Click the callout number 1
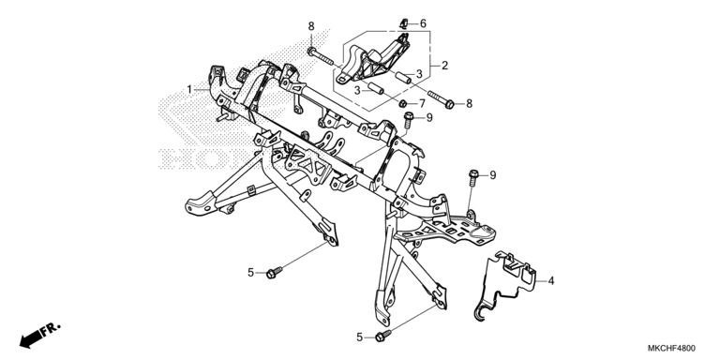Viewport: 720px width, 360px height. (x=189, y=89)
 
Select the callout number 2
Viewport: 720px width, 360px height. (x=444, y=66)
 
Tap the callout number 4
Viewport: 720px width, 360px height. (x=551, y=280)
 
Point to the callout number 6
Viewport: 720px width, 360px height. (x=423, y=22)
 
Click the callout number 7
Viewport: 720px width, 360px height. (x=423, y=103)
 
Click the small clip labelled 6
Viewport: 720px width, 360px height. (x=404, y=22)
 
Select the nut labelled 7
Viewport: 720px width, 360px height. (x=402, y=103)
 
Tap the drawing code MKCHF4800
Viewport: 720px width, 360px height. (x=672, y=349)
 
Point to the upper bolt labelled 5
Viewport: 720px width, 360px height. (x=274, y=272)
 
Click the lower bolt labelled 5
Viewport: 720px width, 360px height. (x=382, y=337)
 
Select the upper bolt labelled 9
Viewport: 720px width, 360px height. (x=408, y=120)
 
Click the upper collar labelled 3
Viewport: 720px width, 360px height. (x=403, y=78)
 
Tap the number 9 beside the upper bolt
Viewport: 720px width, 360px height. (x=429, y=118)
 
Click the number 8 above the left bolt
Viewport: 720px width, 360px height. (x=311, y=25)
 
